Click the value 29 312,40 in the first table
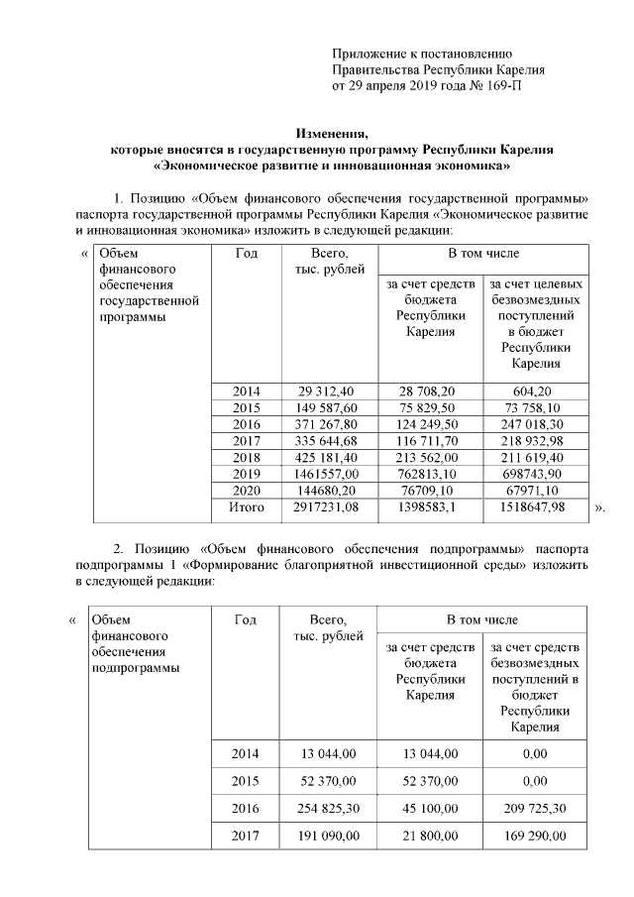[x=327, y=392]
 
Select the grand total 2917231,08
[x=327, y=507]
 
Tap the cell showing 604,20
[x=536, y=392]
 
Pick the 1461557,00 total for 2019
[x=327, y=474]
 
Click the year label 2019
[x=247, y=474]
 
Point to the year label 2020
[x=247, y=491]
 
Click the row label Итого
[x=247, y=507]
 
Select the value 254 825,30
[x=327, y=809]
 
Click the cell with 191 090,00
[x=327, y=837]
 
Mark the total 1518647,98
[x=536, y=507]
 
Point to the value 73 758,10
[x=536, y=407]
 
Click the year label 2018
[x=247, y=457]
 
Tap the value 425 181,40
[x=327, y=457]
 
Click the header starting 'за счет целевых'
[x=536, y=284]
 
